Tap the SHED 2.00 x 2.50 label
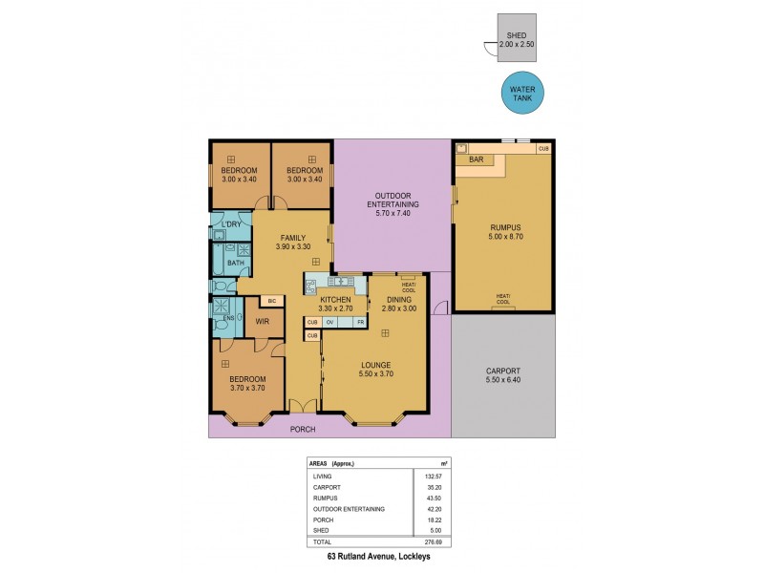tap(517, 41)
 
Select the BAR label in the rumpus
tap(475, 159)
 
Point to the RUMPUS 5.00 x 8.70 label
tap(501, 232)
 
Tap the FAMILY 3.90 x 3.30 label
tap(291, 243)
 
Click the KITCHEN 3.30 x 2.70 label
tap(335, 305)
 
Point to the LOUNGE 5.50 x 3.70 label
tap(375, 369)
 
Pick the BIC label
tap(271, 301)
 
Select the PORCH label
tap(305, 429)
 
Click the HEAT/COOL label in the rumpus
tap(502, 297)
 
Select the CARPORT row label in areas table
tap(328, 486)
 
